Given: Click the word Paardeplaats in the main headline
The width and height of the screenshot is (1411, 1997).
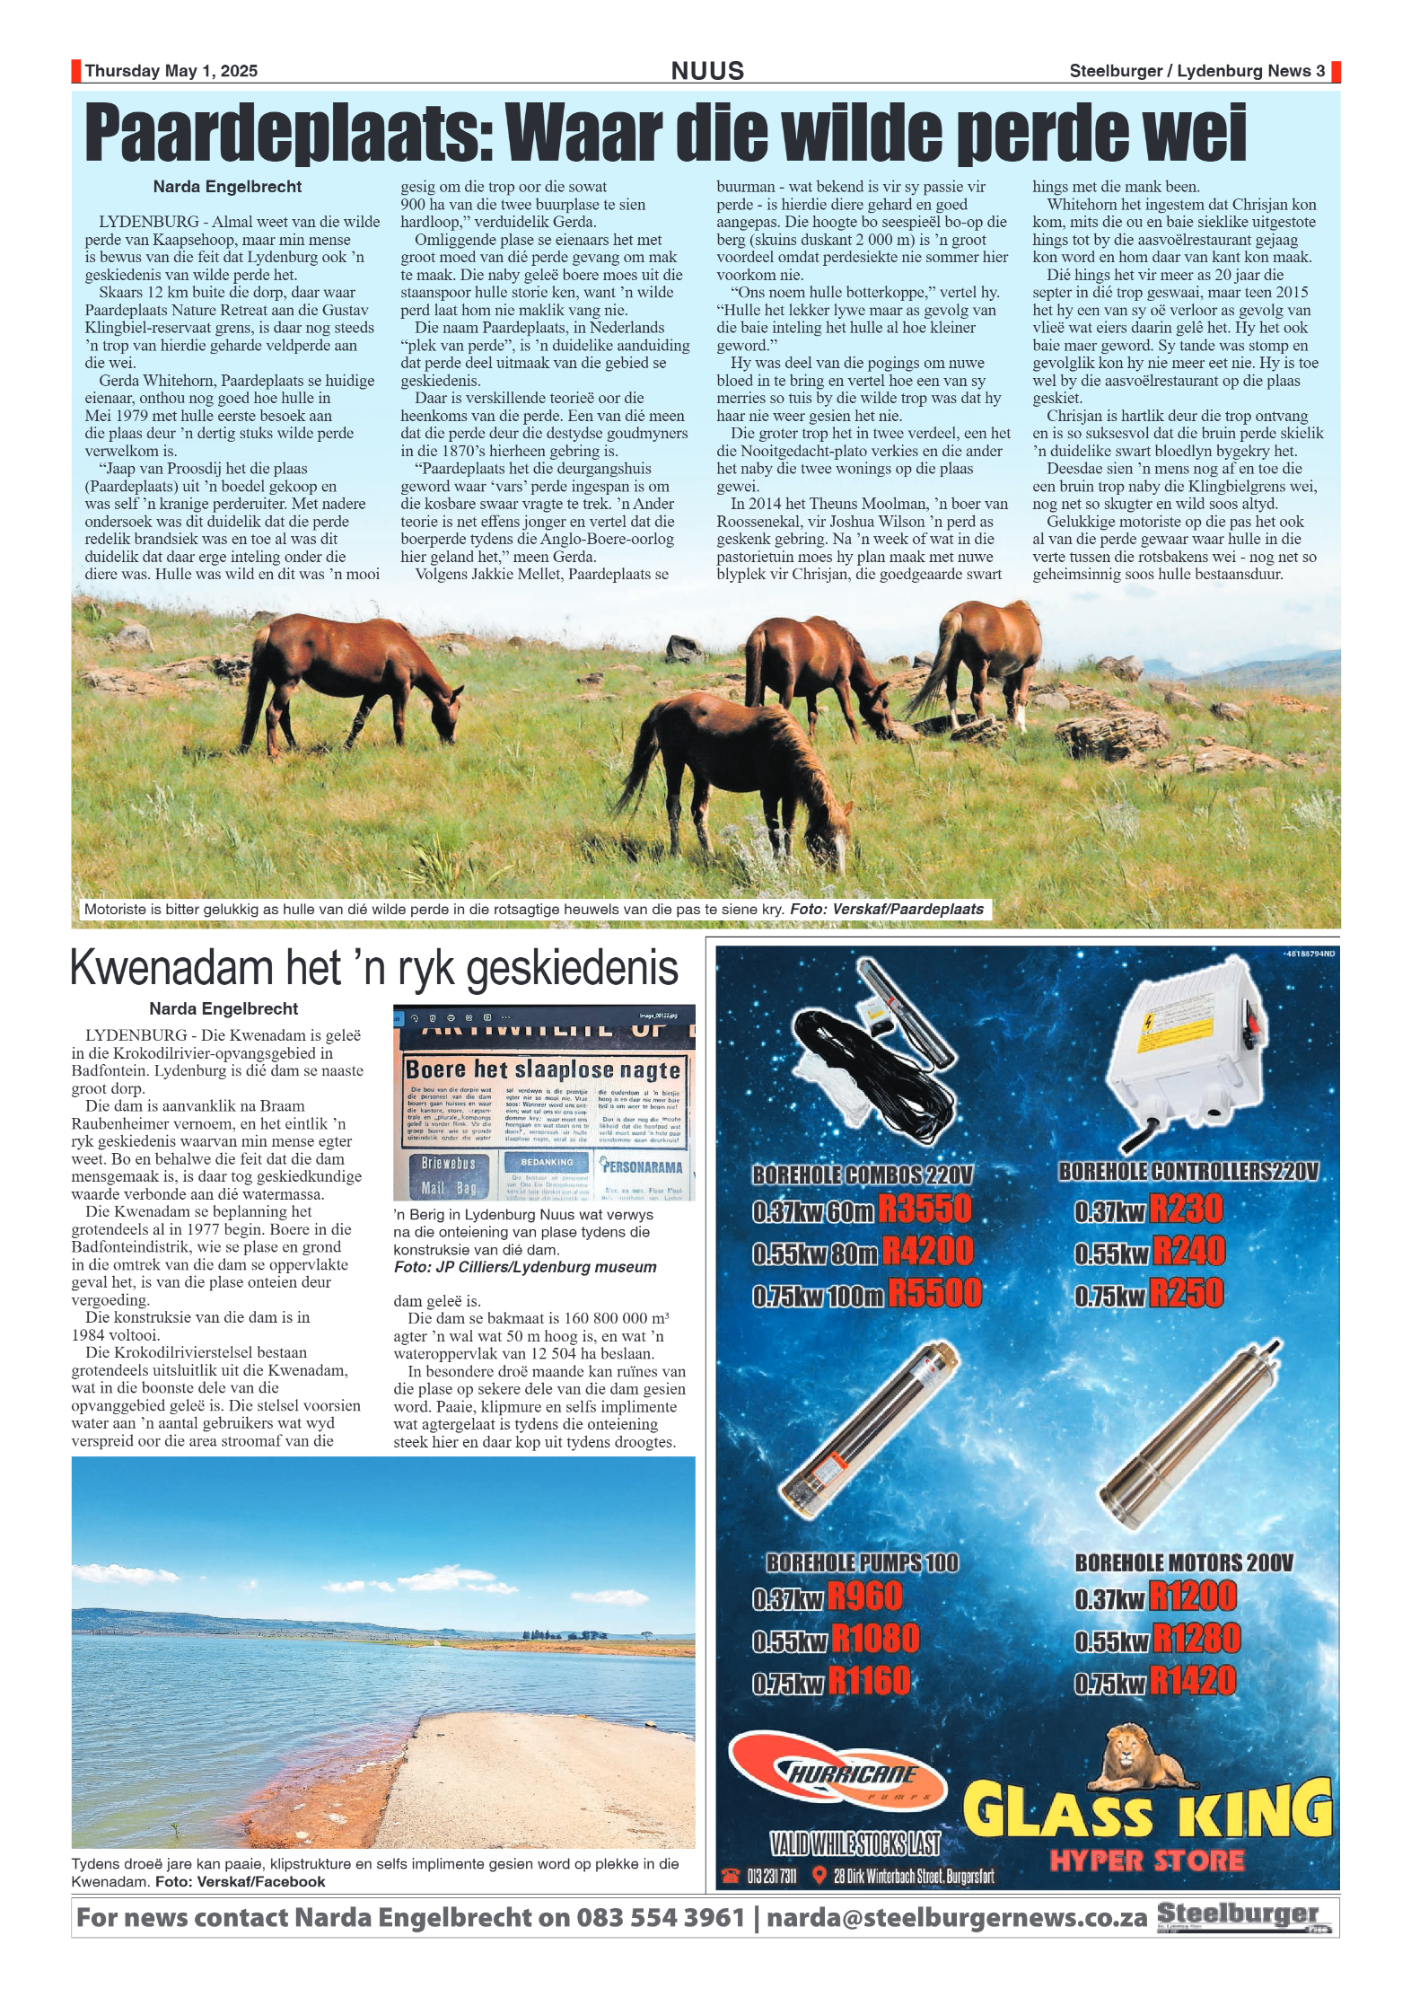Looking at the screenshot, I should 287,133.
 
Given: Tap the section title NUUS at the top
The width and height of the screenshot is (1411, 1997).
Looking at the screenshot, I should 707,71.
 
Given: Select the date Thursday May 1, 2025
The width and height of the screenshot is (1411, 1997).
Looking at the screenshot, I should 171,71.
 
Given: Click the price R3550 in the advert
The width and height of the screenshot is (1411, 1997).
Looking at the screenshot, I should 925,1210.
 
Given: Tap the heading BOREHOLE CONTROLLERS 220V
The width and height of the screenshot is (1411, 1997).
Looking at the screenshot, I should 1188,1172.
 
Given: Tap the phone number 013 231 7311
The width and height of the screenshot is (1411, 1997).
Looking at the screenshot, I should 771,1877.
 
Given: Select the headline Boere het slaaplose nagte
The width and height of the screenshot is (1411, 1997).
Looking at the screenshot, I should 543,1069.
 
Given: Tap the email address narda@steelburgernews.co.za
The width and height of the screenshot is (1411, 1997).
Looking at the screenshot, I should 957,1918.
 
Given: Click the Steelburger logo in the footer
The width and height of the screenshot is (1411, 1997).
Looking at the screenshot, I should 1242,1917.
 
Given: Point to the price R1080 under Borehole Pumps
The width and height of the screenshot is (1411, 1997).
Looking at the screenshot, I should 875,1639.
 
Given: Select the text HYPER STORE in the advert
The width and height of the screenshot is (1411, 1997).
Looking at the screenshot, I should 1147,1861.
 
